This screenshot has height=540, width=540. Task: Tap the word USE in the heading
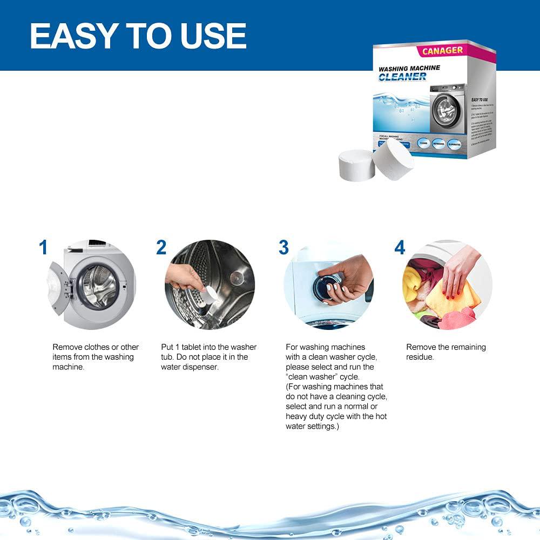(x=212, y=36)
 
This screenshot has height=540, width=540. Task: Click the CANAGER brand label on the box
(x=442, y=50)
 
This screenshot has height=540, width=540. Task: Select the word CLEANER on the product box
(x=402, y=77)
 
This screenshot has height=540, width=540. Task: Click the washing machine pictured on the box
(x=447, y=107)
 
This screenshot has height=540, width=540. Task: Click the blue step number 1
(x=43, y=248)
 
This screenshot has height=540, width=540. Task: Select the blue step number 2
(x=161, y=248)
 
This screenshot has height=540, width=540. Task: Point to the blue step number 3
(x=283, y=248)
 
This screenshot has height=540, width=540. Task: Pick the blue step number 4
(x=400, y=248)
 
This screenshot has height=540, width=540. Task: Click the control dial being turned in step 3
(x=327, y=285)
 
